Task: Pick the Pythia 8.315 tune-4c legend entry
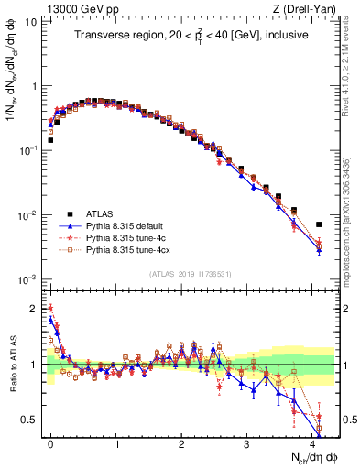click(x=126, y=235)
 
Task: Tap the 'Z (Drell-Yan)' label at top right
click(x=308, y=8)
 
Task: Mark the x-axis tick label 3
click(x=247, y=441)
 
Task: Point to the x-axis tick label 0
click(x=50, y=441)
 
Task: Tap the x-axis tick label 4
click(x=313, y=441)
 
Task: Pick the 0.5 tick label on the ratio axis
click(x=30, y=420)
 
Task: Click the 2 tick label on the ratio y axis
click(x=35, y=309)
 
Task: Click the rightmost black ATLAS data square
click(x=319, y=224)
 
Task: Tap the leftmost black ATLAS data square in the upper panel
click(x=50, y=140)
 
